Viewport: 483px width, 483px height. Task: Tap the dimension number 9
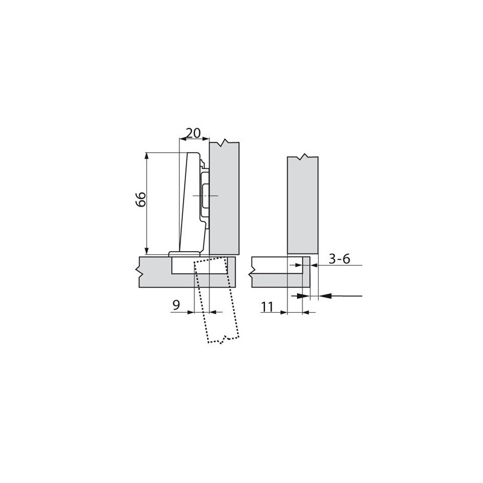click(176, 305)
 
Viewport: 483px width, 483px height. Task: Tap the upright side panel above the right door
click(302, 205)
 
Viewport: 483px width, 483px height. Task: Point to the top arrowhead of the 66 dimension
click(146, 155)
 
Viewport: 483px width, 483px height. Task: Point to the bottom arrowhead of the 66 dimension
click(146, 252)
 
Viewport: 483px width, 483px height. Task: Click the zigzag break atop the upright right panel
click(302, 158)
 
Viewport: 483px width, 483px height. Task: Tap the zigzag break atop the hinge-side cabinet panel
click(225, 143)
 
